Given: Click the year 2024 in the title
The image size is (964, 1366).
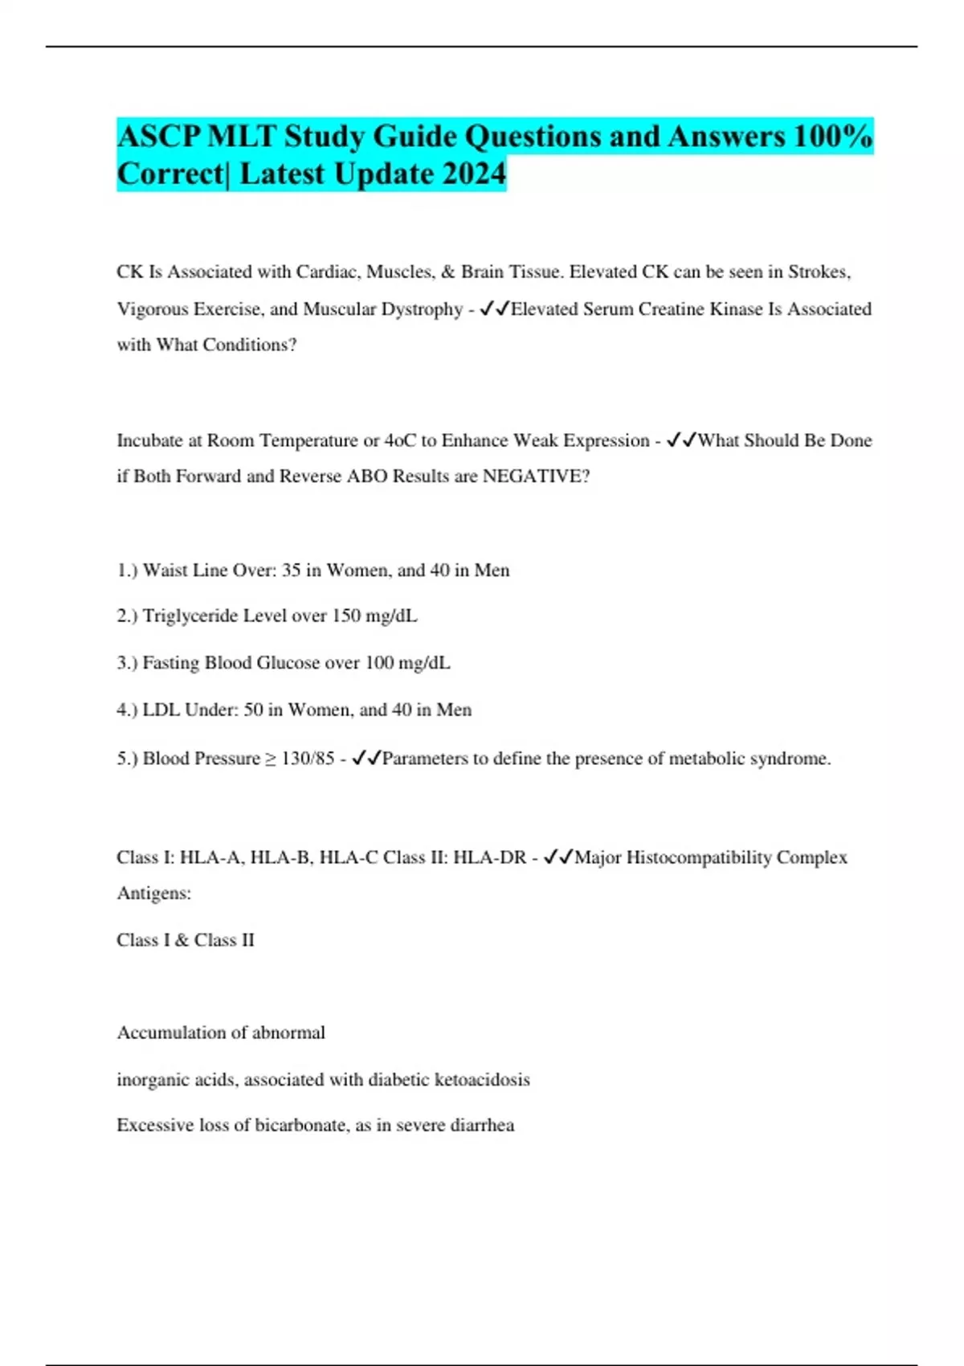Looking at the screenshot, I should tap(472, 174).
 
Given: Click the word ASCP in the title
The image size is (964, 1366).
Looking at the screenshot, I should tap(158, 137).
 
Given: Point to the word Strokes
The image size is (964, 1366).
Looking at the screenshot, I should tap(818, 272).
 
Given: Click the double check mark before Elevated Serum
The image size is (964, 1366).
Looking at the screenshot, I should tap(494, 309).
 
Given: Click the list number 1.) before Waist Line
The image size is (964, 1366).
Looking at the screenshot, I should tap(128, 571).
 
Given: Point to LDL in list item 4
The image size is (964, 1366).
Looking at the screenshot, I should tap(161, 710).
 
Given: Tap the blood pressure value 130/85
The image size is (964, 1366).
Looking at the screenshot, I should tap(308, 759).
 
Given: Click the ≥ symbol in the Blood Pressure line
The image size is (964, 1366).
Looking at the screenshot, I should tap(271, 759).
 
